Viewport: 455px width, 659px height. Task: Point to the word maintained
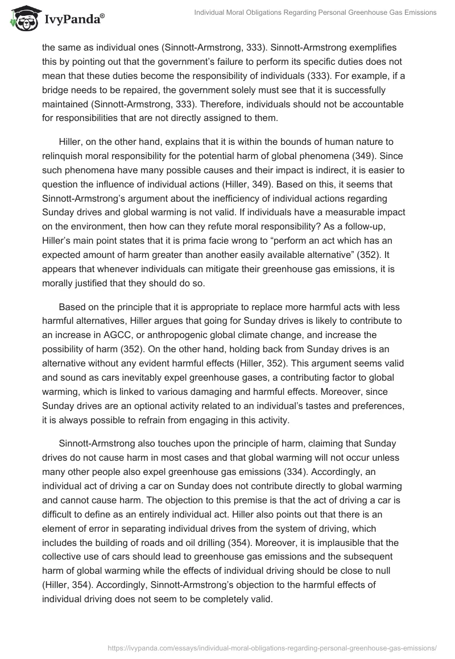click(x=69, y=105)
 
